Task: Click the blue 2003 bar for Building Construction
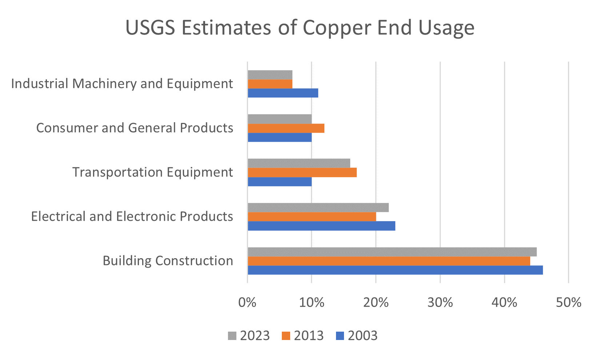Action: pyautogui.click(x=395, y=270)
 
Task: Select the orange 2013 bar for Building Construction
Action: pyautogui.click(x=389, y=261)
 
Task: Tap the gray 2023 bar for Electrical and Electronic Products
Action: pyautogui.click(x=318, y=208)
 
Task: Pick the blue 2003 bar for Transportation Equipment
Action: pyautogui.click(x=280, y=181)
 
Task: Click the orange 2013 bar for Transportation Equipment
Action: pyautogui.click(x=302, y=172)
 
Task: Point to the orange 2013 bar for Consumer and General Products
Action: pyautogui.click(x=286, y=128)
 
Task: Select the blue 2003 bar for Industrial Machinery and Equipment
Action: pyautogui.click(x=283, y=93)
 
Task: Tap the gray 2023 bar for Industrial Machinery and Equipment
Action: pyautogui.click(x=270, y=75)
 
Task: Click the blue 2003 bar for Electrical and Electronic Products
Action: pyautogui.click(x=321, y=226)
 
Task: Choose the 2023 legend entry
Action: pyautogui.click(x=249, y=336)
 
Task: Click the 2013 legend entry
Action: pyautogui.click(x=303, y=336)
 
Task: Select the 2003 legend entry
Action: pyautogui.click(x=357, y=336)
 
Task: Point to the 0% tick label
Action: pyautogui.click(x=247, y=303)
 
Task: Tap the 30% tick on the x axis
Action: pyautogui.click(x=440, y=303)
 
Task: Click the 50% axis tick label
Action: pyautogui.click(x=569, y=303)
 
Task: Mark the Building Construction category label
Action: pyautogui.click(x=168, y=261)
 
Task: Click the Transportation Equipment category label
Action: pyautogui.click(x=153, y=172)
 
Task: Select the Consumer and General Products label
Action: pyautogui.click(x=135, y=128)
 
